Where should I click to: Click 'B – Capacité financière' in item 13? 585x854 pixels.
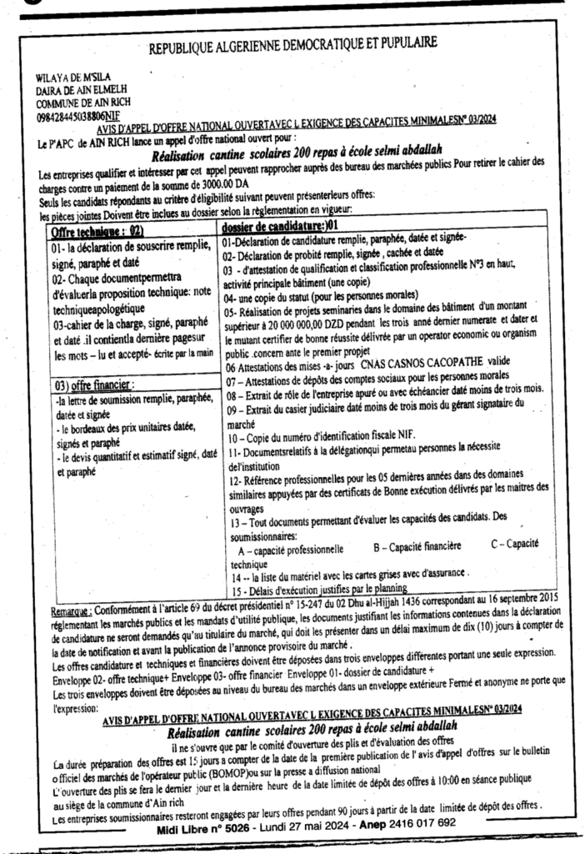pos(420,550)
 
